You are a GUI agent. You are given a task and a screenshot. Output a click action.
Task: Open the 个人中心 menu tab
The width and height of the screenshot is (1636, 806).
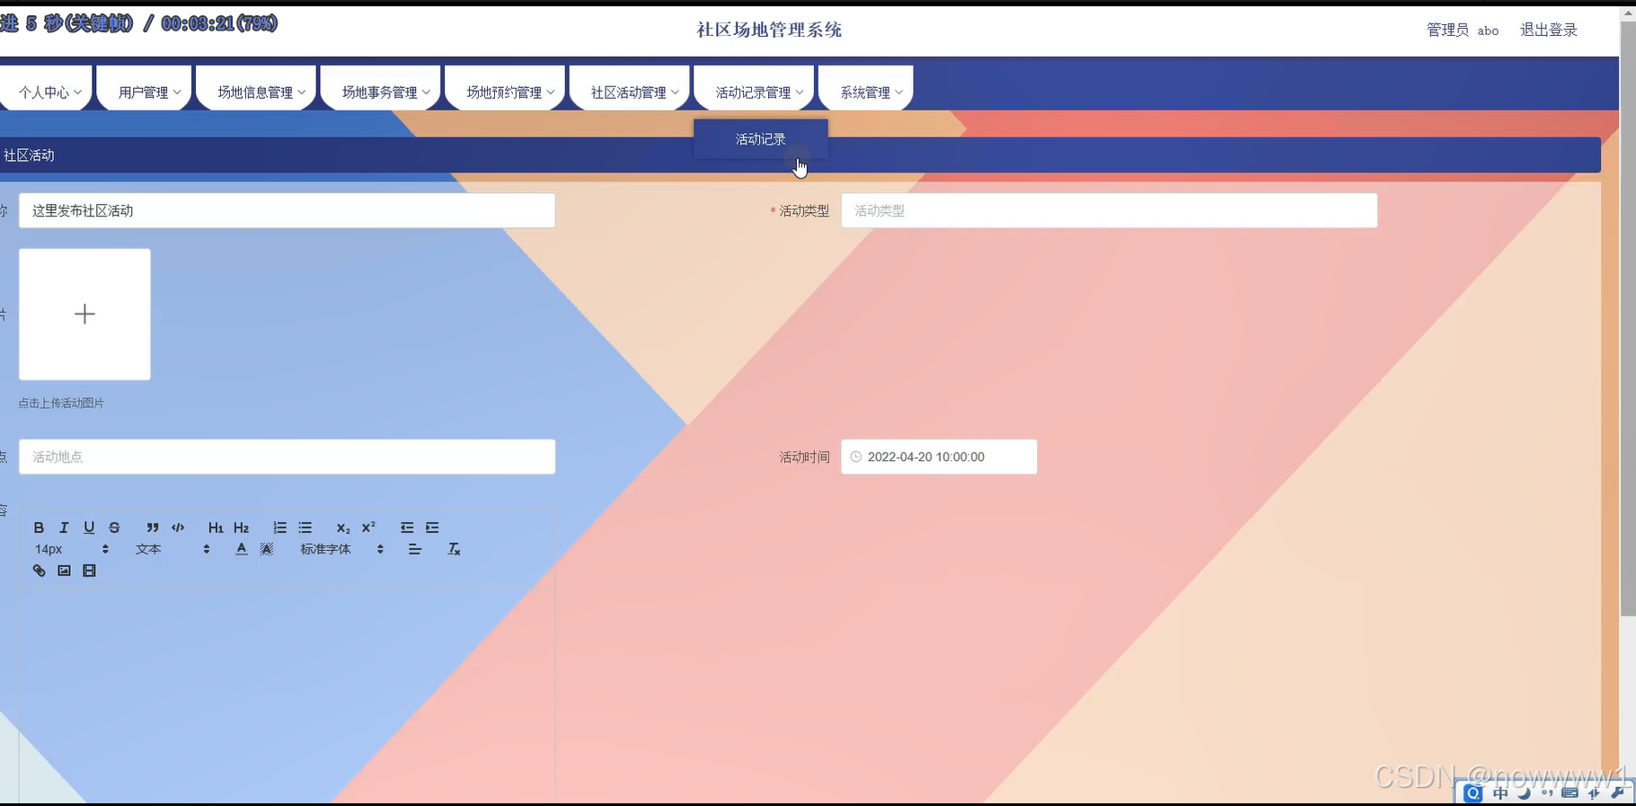pos(49,92)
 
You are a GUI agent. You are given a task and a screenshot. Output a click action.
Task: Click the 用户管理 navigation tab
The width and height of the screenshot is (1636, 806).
pos(148,92)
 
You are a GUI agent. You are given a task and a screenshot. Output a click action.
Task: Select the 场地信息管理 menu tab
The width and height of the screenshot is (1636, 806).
pos(260,92)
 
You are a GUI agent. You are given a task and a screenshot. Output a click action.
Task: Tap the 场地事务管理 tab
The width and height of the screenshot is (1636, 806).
pos(385,92)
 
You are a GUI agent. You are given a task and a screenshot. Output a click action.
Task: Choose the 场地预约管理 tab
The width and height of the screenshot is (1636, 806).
pos(508,92)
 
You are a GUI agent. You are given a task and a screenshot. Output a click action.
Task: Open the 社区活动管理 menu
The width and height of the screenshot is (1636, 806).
pos(633,92)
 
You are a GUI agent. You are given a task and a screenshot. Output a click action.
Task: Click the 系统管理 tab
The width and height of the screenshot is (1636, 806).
pos(870,92)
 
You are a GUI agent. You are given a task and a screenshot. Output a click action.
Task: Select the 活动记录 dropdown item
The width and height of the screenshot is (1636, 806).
pos(760,139)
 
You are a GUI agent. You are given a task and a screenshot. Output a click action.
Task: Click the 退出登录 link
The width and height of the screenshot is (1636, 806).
pos(1548,30)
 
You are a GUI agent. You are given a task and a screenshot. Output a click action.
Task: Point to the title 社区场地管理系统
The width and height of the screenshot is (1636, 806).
pos(769,30)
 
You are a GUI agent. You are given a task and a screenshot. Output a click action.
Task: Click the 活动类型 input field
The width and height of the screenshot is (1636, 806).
pos(1108,210)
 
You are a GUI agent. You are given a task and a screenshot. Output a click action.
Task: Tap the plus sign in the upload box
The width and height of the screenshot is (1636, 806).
pos(84,314)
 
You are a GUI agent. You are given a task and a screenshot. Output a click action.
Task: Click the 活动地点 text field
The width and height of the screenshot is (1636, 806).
pos(287,456)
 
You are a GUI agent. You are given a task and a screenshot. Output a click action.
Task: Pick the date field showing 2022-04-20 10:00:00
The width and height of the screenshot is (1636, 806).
pos(938,456)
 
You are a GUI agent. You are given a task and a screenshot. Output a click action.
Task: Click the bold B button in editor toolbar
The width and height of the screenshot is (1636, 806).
pos(39,527)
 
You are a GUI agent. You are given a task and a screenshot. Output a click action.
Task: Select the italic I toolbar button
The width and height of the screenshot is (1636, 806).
pos(64,527)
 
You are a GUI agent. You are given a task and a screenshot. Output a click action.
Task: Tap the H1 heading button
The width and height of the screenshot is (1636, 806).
pos(216,527)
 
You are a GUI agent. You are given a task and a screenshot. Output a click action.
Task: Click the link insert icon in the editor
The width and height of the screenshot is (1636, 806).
pos(39,571)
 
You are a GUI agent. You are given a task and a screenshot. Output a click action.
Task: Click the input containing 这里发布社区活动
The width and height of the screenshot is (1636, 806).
pos(287,210)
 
